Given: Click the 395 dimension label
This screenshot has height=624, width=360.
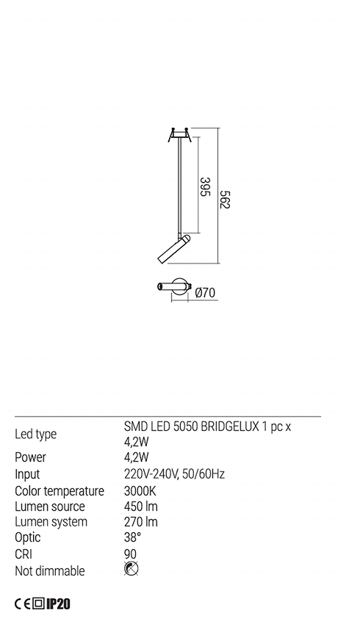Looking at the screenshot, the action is point(204,186).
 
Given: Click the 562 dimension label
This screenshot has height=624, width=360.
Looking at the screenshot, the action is point(225,200).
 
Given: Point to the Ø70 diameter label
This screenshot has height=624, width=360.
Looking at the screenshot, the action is point(205,293).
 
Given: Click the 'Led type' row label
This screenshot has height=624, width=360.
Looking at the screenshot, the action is point(36,434).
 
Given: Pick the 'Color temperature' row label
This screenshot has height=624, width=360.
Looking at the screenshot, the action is point(60,490).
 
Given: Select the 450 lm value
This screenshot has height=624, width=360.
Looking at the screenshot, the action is point(141,507).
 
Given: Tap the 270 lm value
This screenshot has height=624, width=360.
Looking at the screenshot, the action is point(141,522).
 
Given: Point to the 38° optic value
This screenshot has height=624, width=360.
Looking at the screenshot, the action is point(132,537).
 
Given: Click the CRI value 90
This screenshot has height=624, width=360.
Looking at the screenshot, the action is point(130,554).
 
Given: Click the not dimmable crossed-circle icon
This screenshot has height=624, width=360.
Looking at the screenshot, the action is point(132,569).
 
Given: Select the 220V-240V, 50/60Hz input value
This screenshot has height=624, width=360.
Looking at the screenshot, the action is point(174,474).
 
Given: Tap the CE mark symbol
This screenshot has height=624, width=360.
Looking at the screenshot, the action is point(23,604).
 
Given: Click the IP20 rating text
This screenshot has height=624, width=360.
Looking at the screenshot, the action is point(58,604).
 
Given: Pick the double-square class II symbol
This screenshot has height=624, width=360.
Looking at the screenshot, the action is point(38,604).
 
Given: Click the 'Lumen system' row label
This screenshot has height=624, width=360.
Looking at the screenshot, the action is point(51,522).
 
